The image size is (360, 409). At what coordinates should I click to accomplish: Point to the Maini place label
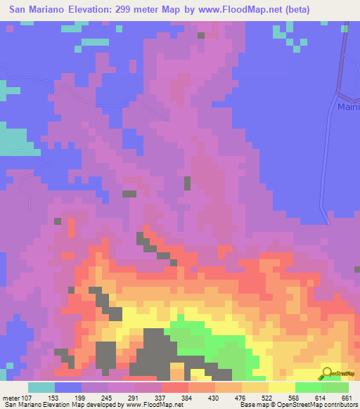(348, 108)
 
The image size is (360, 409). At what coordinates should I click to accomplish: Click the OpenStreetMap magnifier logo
(328, 373)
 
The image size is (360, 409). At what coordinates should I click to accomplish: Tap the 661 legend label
(346, 397)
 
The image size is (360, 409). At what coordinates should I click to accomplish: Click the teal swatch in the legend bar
(41, 387)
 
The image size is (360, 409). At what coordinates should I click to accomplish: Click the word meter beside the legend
(11, 397)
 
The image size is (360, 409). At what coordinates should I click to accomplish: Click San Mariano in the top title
(35, 10)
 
